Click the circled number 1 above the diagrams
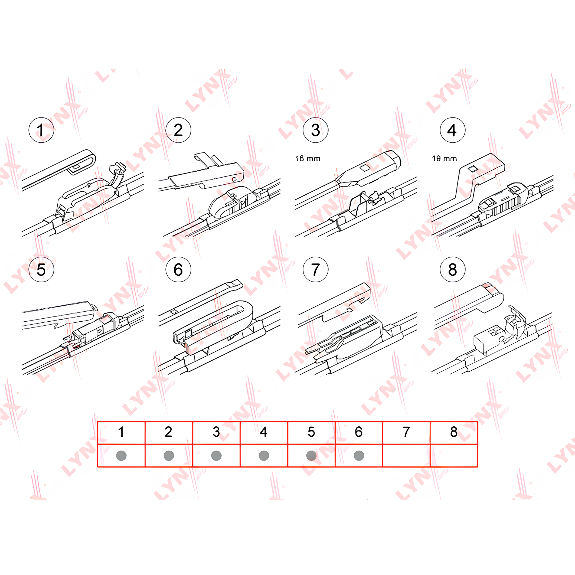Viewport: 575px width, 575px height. tap(41, 130)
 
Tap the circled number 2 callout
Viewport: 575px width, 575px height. tap(178, 130)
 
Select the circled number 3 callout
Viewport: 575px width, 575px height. tap(315, 130)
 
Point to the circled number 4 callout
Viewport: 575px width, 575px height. tap(453, 130)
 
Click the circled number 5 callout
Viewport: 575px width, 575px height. tap(41, 269)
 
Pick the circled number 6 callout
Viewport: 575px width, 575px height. tap(178, 269)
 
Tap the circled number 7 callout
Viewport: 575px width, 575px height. tap(315, 269)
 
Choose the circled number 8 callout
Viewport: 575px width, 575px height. tap(453, 269)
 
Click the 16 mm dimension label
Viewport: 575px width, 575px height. tap(308, 159)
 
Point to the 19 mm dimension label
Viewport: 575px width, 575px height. tap(445, 159)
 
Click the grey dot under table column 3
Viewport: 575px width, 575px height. tap(216, 456)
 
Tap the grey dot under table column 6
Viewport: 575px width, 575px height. tap(359, 456)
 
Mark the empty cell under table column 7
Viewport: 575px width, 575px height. tap(407, 456)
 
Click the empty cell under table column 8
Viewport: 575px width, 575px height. tap(454, 456)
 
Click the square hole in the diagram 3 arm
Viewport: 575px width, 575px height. tap(365, 168)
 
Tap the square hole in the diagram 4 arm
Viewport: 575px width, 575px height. tap(473, 169)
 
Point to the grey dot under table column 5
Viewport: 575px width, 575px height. tap(311, 456)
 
